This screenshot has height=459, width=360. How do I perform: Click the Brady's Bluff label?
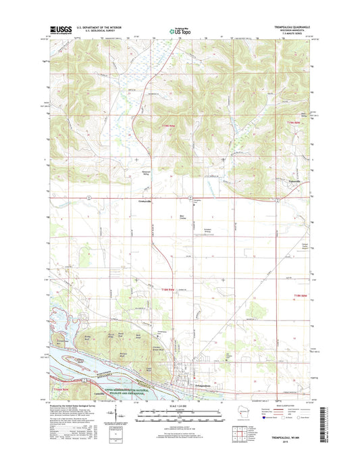[x=86, y=335]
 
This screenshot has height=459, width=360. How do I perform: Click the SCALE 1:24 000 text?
[x=180, y=405]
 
